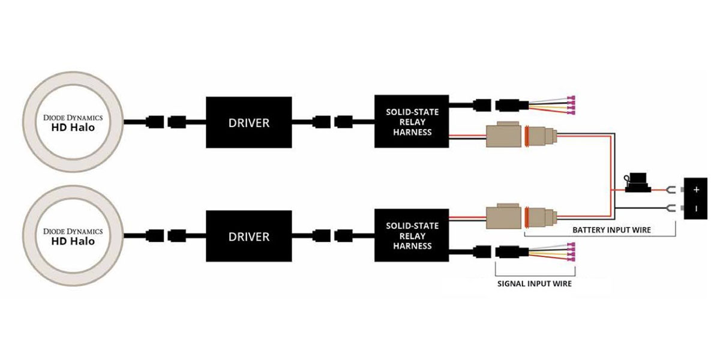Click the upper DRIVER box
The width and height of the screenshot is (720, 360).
[x=249, y=122]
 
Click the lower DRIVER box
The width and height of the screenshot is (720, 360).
[x=249, y=236]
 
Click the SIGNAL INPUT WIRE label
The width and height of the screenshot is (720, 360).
[x=535, y=283]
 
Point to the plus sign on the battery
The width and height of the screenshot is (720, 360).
[x=696, y=190]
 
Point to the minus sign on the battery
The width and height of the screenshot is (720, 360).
[x=696, y=209]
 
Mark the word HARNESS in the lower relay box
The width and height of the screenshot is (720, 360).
[x=411, y=246]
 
